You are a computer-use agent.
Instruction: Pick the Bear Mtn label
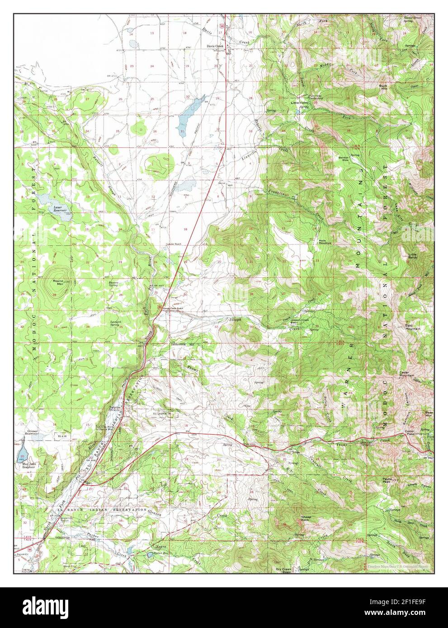[x=429, y=413]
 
